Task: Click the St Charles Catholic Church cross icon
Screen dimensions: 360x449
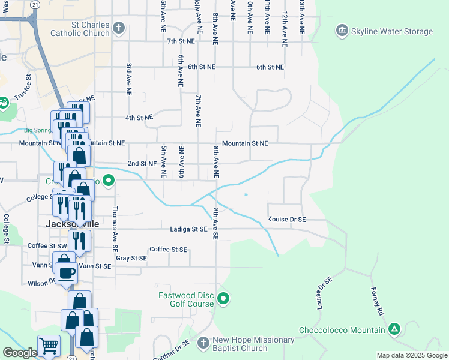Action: (x=119, y=28)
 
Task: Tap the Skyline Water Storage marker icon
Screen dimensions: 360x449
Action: (x=342, y=31)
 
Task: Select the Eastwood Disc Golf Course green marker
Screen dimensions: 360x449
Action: (x=223, y=298)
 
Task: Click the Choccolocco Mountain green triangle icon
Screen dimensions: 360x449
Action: (x=394, y=329)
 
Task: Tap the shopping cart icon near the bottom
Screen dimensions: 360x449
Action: (x=49, y=346)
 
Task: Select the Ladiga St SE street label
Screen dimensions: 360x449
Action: (x=187, y=229)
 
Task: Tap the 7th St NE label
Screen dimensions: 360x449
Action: (x=181, y=41)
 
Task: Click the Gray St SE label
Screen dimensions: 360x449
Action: (x=131, y=258)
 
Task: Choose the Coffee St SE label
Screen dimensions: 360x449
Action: (x=168, y=250)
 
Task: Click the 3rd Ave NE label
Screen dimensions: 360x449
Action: (x=128, y=79)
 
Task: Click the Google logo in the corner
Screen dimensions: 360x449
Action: (x=19, y=353)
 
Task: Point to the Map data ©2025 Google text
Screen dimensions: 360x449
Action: (x=411, y=355)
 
